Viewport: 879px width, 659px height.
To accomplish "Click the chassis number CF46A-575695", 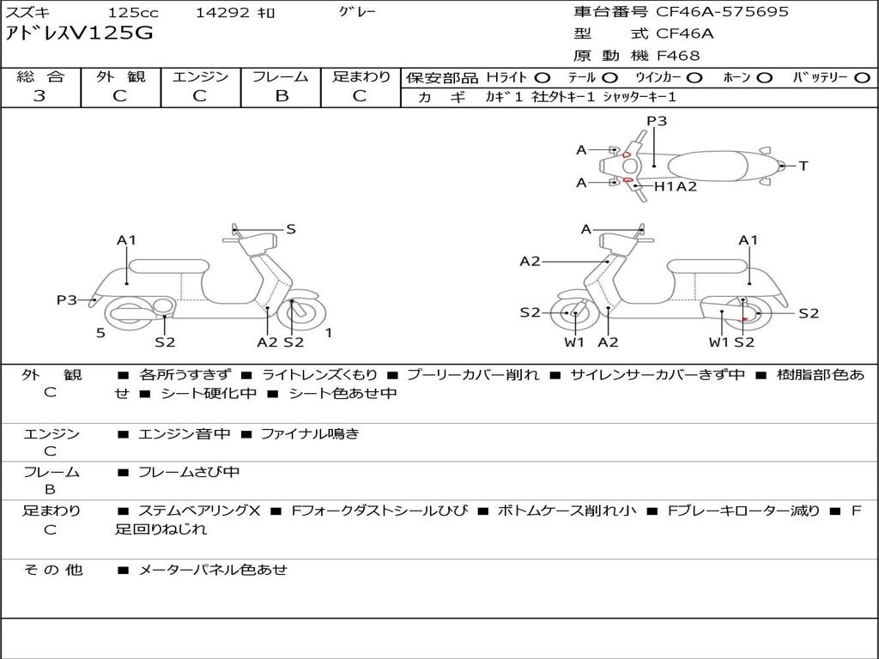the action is pyautogui.click(x=722, y=12).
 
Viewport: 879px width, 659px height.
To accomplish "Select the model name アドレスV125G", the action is pyautogui.click(x=79, y=33).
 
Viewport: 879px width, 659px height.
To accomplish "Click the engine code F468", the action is pyautogui.click(x=678, y=56).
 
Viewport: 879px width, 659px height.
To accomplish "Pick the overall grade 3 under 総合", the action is pyautogui.click(x=39, y=96).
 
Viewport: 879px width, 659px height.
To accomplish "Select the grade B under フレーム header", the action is pyautogui.click(x=282, y=96).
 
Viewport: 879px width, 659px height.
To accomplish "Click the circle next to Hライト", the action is pyautogui.click(x=543, y=78).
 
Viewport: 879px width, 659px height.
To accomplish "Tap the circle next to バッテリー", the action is pyautogui.click(x=863, y=78).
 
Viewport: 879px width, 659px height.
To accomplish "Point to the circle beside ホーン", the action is pyautogui.click(x=765, y=78).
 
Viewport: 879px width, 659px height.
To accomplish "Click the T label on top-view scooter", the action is pyautogui.click(x=803, y=166).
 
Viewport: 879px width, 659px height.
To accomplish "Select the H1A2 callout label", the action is pyautogui.click(x=676, y=186).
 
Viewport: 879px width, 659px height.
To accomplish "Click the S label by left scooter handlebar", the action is pyautogui.click(x=290, y=229).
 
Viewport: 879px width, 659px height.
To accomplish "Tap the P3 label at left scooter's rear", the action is pyautogui.click(x=67, y=300).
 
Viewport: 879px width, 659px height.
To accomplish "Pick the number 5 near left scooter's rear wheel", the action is pyautogui.click(x=100, y=333).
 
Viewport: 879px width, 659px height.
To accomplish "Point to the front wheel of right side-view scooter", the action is pyautogui.click(x=571, y=312).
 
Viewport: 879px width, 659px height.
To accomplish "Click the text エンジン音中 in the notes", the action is pyautogui.click(x=184, y=434).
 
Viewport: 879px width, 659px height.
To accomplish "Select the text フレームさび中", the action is pyautogui.click(x=189, y=473).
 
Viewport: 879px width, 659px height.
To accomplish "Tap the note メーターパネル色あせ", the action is pyautogui.click(x=213, y=570).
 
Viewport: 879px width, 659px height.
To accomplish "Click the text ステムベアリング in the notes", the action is pyautogui.click(x=193, y=511).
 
